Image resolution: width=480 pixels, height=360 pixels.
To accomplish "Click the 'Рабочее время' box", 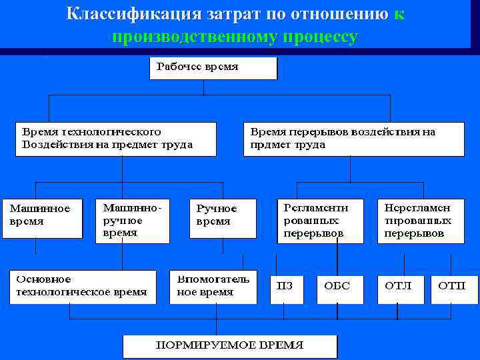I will pyautogui.click(x=213, y=68).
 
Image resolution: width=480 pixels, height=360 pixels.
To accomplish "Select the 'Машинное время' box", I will pyautogui.click(x=42, y=217).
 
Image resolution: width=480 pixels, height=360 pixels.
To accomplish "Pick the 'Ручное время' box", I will pyautogui.click(x=223, y=217).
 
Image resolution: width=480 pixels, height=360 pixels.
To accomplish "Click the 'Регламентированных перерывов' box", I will pyautogui.click(x=321, y=221).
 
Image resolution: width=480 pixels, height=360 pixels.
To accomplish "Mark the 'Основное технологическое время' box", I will pyautogui.click(x=81, y=286).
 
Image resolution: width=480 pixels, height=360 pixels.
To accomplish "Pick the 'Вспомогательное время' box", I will pyautogui.click(x=213, y=287).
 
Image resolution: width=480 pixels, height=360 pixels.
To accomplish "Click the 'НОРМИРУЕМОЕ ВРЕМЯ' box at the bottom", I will pyautogui.click(x=230, y=346).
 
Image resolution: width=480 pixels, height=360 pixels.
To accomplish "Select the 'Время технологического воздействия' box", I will pyautogui.click(x=116, y=139).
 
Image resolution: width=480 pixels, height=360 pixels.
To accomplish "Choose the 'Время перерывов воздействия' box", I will pyautogui.click(x=353, y=139).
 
